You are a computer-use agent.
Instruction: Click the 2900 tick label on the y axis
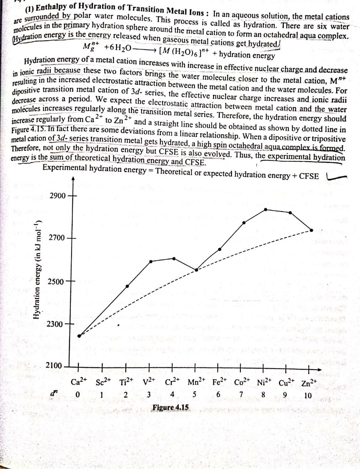tap(57, 196)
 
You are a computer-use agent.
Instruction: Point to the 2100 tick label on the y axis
tap(54, 366)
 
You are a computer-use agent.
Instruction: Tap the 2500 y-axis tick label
tap(56, 281)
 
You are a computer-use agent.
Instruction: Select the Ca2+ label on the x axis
tap(79, 382)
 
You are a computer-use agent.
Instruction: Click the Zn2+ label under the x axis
tap(308, 383)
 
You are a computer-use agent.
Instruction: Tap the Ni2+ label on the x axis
tap(264, 383)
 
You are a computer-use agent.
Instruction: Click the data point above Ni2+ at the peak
tap(266, 210)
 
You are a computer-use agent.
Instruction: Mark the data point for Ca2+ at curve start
tap(79, 336)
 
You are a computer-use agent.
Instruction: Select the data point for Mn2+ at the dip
tap(196, 270)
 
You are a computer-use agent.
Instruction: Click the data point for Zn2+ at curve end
tap(312, 230)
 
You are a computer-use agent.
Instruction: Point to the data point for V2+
tap(151, 261)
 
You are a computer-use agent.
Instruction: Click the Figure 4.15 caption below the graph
tap(171, 407)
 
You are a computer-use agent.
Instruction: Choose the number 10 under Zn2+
tap(308, 395)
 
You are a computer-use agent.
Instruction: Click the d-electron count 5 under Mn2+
tap(195, 394)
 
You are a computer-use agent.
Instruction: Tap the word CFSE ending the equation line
tap(309, 176)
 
